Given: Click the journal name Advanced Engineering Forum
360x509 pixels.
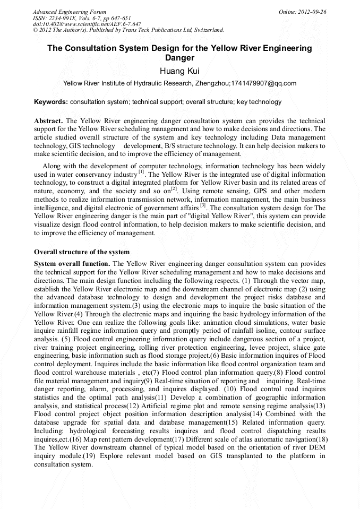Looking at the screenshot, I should [x=70, y=12].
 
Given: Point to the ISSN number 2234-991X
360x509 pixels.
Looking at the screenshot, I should [x=66, y=18].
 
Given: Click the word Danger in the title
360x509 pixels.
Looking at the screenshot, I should [x=179, y=58].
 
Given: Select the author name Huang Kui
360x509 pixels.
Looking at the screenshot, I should [x=179, y=71].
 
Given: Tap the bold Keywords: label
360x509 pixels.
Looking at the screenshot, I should [x=51, y=102].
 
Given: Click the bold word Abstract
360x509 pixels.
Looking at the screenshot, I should [x=48, y=121].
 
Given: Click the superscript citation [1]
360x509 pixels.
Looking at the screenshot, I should [x=141, y=172].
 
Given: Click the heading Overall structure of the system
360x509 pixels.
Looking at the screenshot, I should [x=82, y=252].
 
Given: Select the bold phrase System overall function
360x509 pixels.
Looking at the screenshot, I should [x=72, y=264].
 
